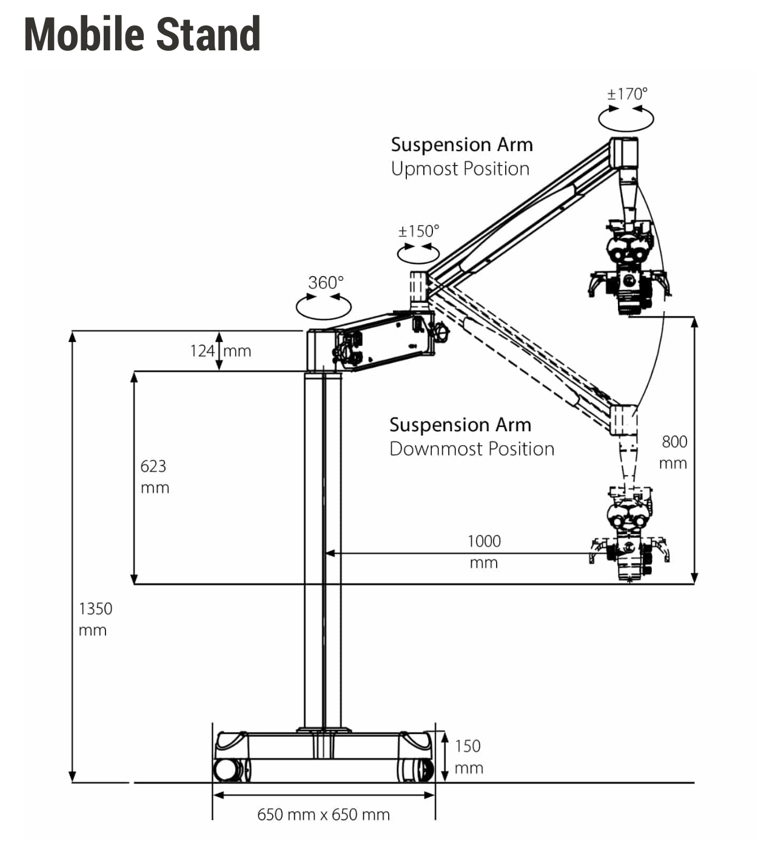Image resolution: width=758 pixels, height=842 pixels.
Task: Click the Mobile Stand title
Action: (x=143, y=35)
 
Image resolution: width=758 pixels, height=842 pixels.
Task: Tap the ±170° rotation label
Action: (x=627, y=94)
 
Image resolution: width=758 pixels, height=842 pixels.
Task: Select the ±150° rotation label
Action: (x=418, y=231)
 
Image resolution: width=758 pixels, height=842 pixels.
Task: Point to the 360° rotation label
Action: (x=326, y=283)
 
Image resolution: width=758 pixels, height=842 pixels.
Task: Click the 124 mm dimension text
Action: (x=221, y=351)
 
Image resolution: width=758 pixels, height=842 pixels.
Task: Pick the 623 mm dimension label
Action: (x=155, y=477)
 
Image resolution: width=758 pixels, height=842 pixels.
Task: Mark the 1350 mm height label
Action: (x=95, y=619)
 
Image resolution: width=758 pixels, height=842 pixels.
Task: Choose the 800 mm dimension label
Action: (x=673, y=453)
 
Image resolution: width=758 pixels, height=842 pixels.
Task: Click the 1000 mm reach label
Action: (x=484, y=552)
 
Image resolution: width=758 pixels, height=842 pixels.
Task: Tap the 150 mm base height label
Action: (x=469, y=757)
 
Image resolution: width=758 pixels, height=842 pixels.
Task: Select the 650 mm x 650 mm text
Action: (x=323, y=815)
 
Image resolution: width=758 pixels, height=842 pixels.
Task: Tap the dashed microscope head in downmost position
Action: (x=629, y=534)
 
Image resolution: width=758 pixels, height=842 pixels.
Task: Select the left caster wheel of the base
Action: (x=231, y=770)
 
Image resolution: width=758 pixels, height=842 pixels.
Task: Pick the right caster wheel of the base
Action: (x=415, y=770)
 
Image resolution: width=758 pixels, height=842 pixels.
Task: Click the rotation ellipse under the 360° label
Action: (x=324, y=318)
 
